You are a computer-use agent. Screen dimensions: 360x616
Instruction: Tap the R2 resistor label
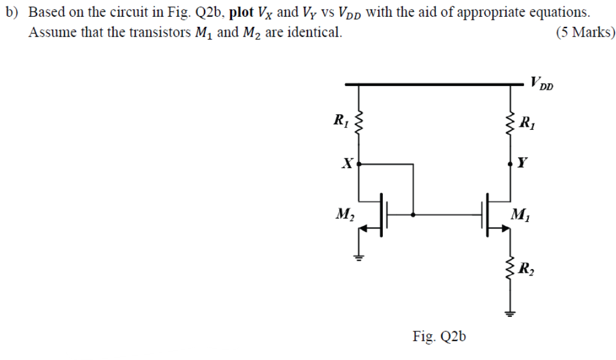pos(527,269)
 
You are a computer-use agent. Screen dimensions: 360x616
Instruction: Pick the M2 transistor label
pos(344,213)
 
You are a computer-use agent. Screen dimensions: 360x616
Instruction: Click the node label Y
pos(524,162)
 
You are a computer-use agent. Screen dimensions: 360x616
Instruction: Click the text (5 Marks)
pos(585,32)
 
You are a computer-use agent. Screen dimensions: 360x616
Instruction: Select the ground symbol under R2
pos(511,312)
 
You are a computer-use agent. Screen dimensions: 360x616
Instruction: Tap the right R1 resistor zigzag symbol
pos(511,126)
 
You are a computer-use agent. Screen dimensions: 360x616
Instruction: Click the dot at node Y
pos(511,162)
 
